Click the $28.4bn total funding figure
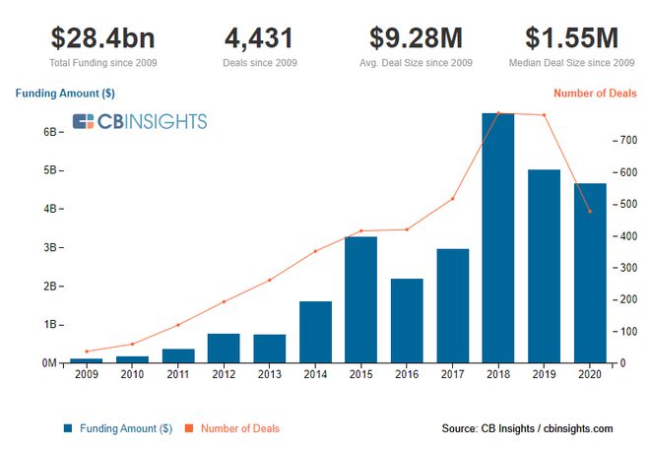[x=102, y=37]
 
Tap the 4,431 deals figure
[x=259, y=38]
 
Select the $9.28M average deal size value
[x=416, y=37]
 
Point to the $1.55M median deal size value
[x=571, y=37]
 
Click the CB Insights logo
[x=140, y=121]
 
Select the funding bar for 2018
[x=498, y=238]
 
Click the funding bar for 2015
[x=360, y=299]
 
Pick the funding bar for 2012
[x=224, y=348]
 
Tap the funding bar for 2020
[x=590, y=273]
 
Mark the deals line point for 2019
[x=544, y=115]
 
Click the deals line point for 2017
[x=452, y=199]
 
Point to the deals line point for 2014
[x=315, y=251]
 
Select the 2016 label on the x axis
[x=407, y=374]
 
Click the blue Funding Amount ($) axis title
[x=65, y=94]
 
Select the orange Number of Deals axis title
[x=595, y=94]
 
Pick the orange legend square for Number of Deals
[x=189, y=428]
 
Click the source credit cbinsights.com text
[x=578, y=428]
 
